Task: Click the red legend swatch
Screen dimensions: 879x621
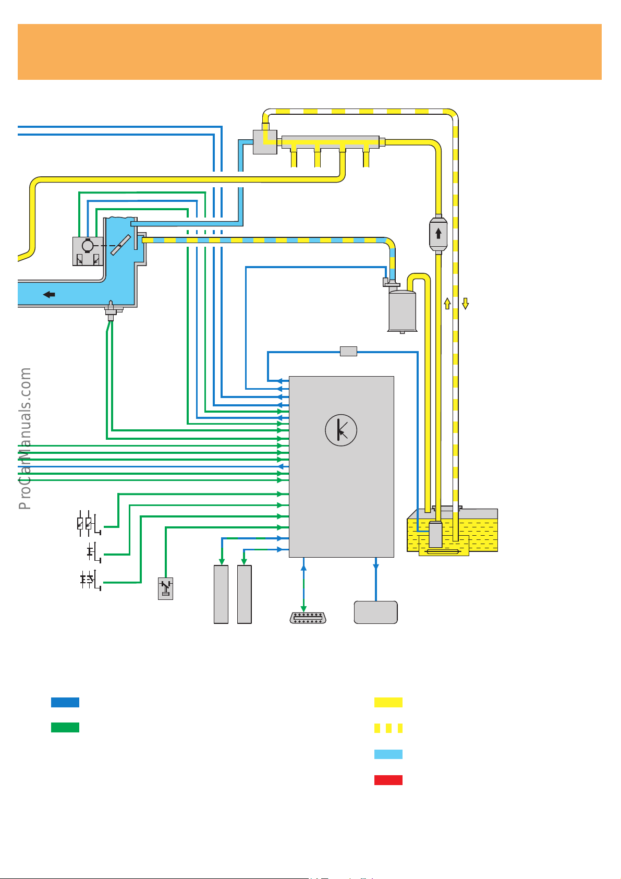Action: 388,780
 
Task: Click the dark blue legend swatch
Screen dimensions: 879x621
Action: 65,702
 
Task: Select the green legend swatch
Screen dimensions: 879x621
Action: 65,728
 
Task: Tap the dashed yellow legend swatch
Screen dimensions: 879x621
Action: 388,728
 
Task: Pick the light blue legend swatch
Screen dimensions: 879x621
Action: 388,754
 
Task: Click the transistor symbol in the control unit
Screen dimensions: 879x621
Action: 341,430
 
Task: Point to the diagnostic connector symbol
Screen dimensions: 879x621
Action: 308,618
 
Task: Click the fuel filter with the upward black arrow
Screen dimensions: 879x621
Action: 439,233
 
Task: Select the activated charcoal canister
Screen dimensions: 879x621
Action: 402,311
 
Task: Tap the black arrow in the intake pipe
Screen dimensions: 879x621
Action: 49,295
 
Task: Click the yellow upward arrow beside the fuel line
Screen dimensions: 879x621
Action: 447,303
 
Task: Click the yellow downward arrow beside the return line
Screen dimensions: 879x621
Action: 466,303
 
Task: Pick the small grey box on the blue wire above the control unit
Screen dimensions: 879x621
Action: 348,351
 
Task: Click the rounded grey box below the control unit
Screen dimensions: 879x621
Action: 375,612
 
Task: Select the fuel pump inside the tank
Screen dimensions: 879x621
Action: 435,535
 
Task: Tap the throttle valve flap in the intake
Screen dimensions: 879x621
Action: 120,245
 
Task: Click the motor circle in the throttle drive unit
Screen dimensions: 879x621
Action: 88,245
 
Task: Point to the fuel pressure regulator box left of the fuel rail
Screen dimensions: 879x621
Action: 265,142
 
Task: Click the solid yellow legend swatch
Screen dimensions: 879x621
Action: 388,702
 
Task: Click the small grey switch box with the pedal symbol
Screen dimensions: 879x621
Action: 165,588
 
